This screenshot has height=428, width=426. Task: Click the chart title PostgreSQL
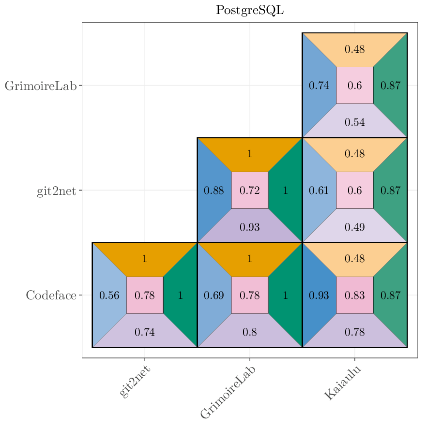[250, 10]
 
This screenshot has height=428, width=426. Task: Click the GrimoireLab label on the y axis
[41, 86]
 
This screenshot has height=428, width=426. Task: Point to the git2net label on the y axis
[56, 191]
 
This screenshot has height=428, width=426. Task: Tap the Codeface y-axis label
[51, 295]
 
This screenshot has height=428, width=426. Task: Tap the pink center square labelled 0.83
[355, 295]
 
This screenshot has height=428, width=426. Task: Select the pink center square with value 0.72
[250, 191]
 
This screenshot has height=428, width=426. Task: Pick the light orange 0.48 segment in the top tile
[355, 49]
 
